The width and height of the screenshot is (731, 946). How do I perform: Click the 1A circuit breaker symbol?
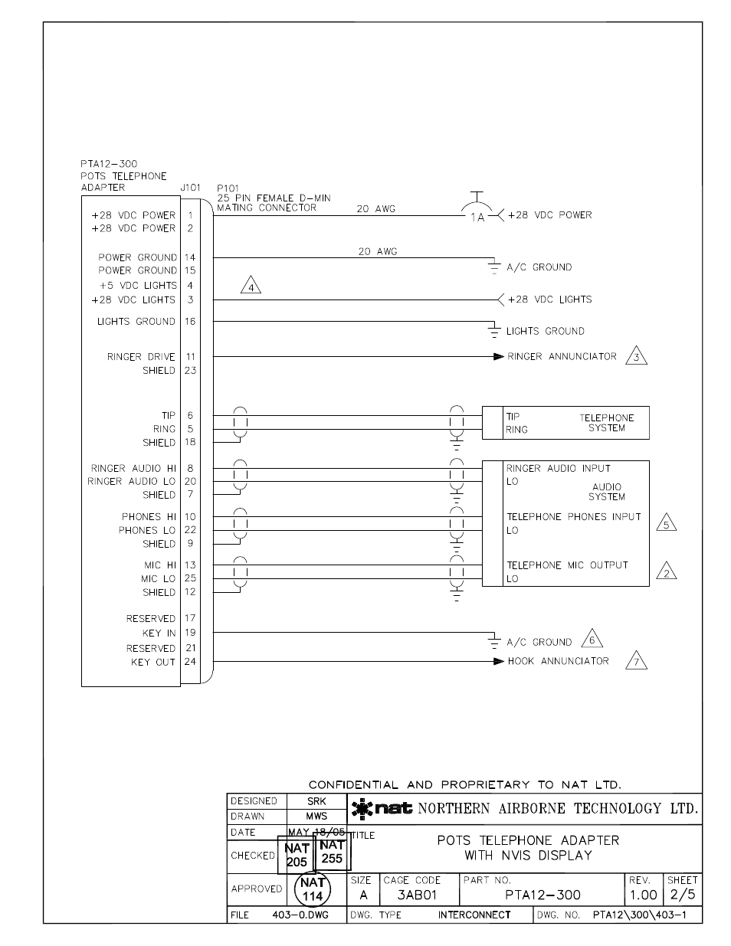pos(477,212)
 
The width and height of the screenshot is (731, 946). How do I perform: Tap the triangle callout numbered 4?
pos(251,286)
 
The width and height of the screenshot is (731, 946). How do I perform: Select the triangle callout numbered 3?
pos(637,357)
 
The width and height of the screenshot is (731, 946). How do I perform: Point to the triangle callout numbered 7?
pos(637,661)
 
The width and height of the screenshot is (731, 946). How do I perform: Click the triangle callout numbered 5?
pos(667,524)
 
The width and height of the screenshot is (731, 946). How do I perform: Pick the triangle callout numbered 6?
pos(591,640)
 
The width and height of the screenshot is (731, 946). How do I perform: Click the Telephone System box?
pos(565,423)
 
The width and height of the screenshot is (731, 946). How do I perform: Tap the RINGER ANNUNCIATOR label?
pos(562,356)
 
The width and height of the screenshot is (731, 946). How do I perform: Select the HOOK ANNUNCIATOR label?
pos(558,661)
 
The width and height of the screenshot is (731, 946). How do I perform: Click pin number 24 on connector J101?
pos(190,662)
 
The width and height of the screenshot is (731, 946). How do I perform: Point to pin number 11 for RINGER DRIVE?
pos(190,357)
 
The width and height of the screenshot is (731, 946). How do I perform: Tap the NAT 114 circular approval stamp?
pos(313,889)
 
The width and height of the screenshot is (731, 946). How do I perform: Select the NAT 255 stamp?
pos(332,853)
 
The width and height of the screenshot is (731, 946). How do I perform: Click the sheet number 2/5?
pos(683,895)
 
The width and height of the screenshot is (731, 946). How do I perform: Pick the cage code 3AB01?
pos(417,895)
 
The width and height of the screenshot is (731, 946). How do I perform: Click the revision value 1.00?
pos(644,895)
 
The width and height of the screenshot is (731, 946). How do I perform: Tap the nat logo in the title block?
pos(382,808)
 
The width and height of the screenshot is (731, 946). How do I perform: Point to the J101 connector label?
pos(190,188)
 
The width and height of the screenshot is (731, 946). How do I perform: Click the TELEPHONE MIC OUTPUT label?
pos(567,565)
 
